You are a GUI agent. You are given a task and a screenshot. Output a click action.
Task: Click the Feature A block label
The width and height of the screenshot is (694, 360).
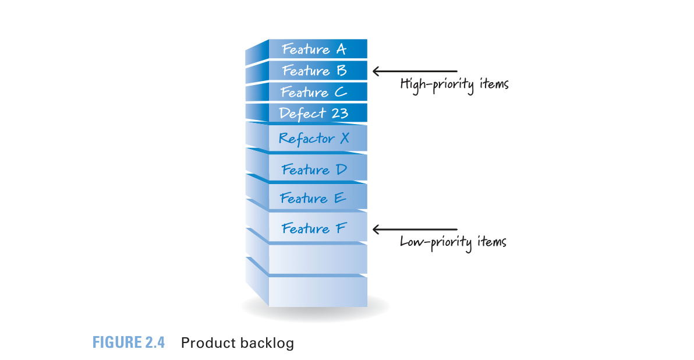click(x=314, y=49)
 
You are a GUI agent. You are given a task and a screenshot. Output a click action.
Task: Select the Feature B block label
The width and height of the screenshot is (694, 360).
click(x=314, y=70)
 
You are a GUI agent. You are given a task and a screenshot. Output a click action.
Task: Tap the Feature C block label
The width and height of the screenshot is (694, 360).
click(x=313, y=92)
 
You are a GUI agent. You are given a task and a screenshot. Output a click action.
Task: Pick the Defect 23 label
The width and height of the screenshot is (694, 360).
click(x=313, y=114)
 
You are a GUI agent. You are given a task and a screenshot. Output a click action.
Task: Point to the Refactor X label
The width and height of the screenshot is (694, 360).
click(x=314, y=139)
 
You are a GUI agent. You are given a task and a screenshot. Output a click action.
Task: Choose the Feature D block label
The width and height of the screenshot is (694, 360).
click(x=314, y=170)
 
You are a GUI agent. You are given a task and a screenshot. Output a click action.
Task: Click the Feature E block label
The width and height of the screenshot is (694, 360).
click(x=313, y=198)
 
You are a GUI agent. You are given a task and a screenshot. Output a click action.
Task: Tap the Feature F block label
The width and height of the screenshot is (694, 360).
click(x=314, y=228)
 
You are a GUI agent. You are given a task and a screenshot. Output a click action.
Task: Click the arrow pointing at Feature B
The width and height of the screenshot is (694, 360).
click(x=415, y=71)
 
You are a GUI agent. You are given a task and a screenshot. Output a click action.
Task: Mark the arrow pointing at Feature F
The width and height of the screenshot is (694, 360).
click(x=415, y=230)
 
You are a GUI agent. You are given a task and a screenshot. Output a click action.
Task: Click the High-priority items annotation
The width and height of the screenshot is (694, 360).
click(x=454, y=84)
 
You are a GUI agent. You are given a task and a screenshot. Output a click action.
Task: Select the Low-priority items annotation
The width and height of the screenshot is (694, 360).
click(x=453, y=242)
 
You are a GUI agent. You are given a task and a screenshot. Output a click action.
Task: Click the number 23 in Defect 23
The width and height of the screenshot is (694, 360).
click(x=340, y=114)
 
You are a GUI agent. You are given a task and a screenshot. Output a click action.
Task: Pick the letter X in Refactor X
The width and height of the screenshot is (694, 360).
click(x=345, y=138)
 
